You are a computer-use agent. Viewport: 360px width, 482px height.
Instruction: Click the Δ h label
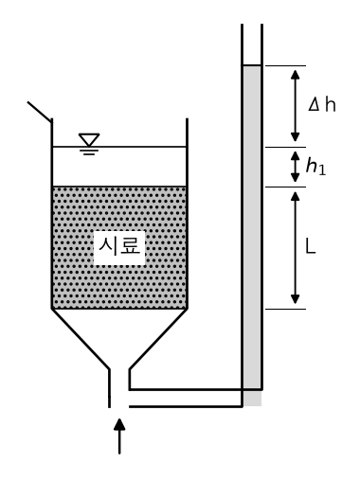tap(322, 104)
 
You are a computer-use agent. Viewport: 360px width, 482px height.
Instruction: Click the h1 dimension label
tap(315, 166)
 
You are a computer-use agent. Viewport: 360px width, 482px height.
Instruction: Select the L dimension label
tap(311, 246)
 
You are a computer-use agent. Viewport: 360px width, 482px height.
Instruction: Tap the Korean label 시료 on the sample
tap(119, 246)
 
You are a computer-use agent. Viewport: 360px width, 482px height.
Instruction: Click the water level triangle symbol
tap(89, 140)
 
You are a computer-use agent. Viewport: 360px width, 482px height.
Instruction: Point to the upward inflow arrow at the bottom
tap(119, 436)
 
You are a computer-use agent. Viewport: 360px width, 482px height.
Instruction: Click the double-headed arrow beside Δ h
tap(295, 106)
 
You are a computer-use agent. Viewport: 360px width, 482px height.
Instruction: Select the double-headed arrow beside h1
tap(295, 167)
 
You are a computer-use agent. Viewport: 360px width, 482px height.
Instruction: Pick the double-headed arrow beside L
tap(295, 248)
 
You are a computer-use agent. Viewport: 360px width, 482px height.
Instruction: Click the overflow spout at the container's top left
tap(40, 112)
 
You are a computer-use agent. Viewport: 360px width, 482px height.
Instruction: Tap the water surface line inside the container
tap(119, 147)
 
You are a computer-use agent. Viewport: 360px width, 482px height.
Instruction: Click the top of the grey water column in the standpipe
tap(252, 65)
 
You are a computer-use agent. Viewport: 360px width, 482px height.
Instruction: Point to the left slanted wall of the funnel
tap(81, 339)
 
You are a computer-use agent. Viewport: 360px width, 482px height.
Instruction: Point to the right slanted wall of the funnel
tap(158, 339)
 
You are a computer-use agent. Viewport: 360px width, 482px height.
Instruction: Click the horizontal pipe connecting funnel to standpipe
tap(186, 398)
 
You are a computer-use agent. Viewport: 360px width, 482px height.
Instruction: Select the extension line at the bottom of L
tap(285, 309)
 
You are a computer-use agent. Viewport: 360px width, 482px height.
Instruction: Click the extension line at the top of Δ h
tap(285, 65)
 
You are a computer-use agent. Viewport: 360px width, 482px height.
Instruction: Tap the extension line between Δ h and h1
tap(285, 147)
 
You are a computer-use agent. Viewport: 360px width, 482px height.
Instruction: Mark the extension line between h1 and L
tap(285, 187)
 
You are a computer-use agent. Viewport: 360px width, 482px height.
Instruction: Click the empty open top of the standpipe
tap(252, 45)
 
